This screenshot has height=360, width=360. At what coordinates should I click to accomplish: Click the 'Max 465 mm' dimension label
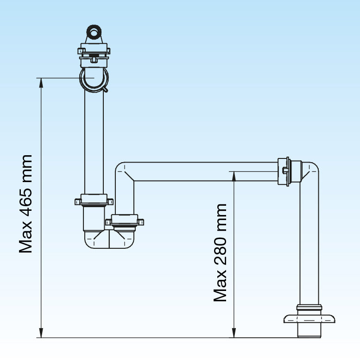pyautogui.click(x=26, y=204)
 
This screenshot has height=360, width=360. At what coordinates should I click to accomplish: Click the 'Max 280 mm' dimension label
pyautogui.click(x=221, y=253)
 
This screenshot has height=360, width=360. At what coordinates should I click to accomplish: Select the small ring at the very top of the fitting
pyautogui.click(x=94, y=33)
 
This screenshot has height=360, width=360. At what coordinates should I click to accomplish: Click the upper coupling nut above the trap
pyautogui.click(x=94, y=201)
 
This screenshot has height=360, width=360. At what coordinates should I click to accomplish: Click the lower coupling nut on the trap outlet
pyautogui.click(x=124, y=221)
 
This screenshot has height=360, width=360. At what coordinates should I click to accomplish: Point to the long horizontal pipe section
pyautogui.click(x=204, y=171)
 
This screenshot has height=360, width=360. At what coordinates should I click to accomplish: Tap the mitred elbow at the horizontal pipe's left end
pyautogui.click(x=124, y=172)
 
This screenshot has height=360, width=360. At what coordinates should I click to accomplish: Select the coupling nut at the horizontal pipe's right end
pyautogui.click(x=284, y=171)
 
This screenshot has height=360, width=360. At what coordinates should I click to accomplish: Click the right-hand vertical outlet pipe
pyautogui.click(x=309, y=241)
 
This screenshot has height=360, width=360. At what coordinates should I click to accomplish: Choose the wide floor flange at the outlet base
pyautogui.click(x=309, y=318)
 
